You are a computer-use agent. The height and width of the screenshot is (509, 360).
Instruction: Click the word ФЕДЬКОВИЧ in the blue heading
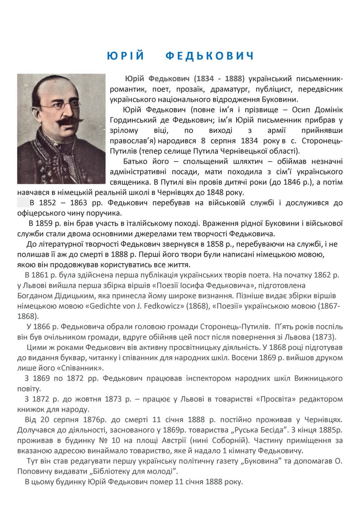[x=210, y=56]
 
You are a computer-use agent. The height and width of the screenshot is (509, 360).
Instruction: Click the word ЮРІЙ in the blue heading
[x=126, y=56]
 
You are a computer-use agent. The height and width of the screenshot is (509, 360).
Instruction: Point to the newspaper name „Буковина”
[x=260, y=461]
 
